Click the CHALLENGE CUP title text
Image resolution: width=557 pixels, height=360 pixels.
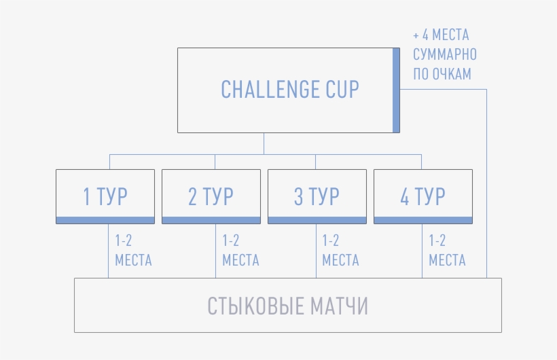pos(290,89)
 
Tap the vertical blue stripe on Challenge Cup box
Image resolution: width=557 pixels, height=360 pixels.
pos(396,90)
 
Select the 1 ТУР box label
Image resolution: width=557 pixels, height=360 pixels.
pos(105,196)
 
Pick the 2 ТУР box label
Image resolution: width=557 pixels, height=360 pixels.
pos(211,196)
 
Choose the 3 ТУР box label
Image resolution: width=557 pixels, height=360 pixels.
pos(317,196)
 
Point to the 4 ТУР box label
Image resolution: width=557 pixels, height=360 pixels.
pos(423,196)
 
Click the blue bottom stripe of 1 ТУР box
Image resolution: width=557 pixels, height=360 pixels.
pos(105,220)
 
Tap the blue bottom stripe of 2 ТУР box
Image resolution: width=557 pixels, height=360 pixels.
pos(211,220)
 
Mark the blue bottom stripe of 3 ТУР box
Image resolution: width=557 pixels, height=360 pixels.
pos(317,220)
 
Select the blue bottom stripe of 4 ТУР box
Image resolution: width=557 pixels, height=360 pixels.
pos(423,220)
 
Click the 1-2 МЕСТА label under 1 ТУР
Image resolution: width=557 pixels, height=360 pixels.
pos(133,251)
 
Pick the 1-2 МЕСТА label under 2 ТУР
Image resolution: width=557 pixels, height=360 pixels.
pos(240,251)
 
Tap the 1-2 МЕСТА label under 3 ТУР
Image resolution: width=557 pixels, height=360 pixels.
pos(340,251)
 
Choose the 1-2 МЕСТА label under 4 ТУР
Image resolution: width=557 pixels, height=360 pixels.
pos(447,251)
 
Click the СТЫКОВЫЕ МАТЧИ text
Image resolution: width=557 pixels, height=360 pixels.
pos(288,306)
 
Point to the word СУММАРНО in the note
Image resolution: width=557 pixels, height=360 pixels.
pos(445,55)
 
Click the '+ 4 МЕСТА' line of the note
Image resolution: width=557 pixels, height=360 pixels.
pos(441,35)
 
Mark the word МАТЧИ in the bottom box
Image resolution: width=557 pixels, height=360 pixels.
pos(339,306)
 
